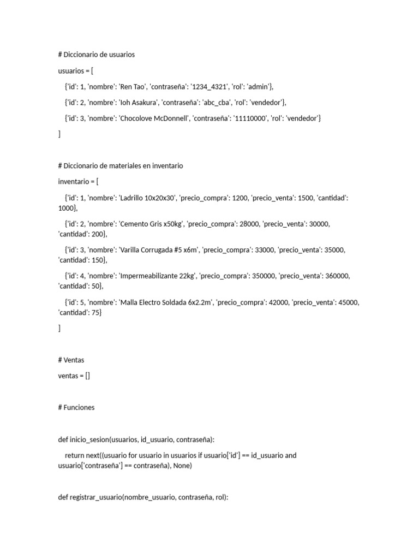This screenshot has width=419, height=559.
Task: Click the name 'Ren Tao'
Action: (133, 86)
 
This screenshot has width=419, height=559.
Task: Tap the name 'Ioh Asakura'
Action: (139, 102)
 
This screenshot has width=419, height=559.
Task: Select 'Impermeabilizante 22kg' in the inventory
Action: (157, 276)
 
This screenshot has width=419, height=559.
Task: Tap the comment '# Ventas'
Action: (71, 360)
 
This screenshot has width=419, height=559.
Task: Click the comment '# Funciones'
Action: (76, 407)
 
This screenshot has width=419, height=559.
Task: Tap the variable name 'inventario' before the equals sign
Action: (74, 182)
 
